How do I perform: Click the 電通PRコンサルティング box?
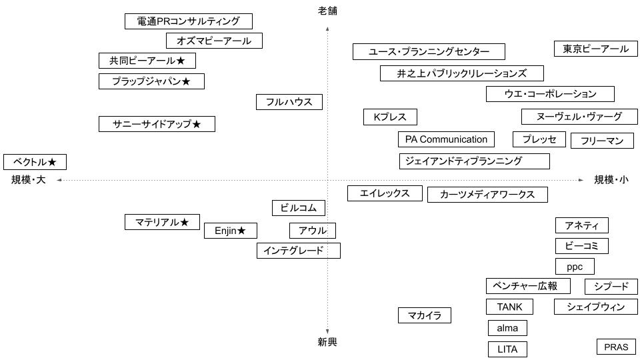click(188, 21)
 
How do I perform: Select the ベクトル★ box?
click(35, 162)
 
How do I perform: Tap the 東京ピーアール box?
click(595, 49)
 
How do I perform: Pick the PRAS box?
click(616, 347)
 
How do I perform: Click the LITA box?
click(507, 349)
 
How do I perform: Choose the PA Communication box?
click(446, 139)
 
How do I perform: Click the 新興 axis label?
click(327, 342)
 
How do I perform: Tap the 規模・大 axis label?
click(28, 180)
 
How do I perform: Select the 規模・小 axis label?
click(611, 180)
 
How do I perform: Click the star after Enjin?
click(242, 231)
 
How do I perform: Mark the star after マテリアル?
click(185, 222)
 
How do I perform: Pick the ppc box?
click(574, 267)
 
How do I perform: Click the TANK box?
click(509, 307)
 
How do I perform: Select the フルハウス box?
click(289, 102)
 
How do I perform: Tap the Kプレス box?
click(390, 117)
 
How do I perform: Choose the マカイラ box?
click(425, 315)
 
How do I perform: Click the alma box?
click(507, 328)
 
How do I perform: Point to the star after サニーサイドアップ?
click(197, 125)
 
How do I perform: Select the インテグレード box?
click(298, 251)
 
